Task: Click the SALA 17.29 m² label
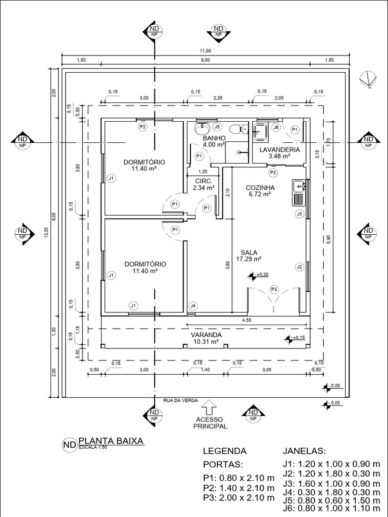248,255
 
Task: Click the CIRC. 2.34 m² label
203,184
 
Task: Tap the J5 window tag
217,127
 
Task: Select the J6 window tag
276,127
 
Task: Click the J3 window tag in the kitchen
299,215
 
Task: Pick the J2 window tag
299,267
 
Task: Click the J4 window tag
192,305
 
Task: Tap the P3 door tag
274,289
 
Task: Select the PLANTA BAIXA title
111,441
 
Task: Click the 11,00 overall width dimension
205,51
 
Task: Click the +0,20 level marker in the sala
258,275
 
